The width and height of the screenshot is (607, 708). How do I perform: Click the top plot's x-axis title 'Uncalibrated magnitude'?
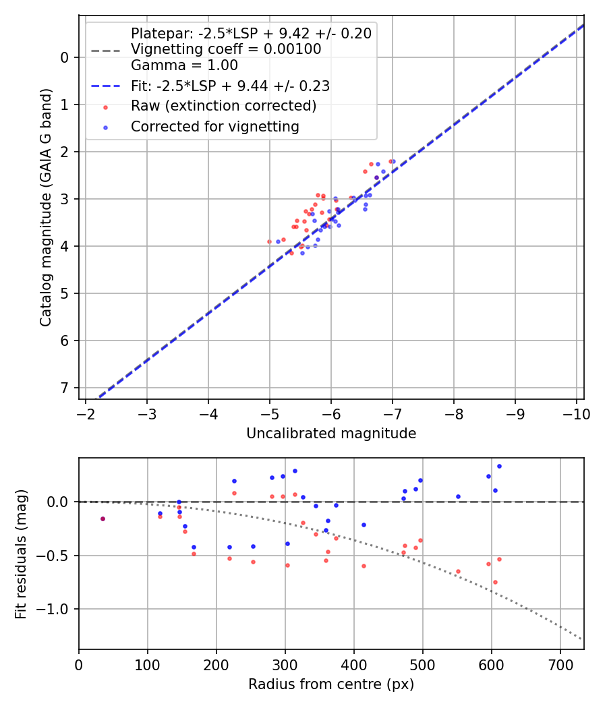coord(331,434)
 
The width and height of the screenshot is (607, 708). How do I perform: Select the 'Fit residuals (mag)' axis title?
coord(21,553)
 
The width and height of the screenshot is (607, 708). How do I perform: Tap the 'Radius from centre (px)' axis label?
coord(331,684)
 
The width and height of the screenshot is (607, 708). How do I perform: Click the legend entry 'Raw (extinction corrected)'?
coord(223,106)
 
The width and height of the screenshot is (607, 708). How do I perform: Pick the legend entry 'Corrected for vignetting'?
coord(215,126)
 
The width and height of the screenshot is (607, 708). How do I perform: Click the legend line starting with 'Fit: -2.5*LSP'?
coord(230,86)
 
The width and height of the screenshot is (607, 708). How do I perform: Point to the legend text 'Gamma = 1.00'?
coord(184,65)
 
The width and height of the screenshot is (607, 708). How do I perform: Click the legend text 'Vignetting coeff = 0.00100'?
coord(226,49)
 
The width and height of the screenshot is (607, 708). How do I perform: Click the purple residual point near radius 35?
coord(103,519)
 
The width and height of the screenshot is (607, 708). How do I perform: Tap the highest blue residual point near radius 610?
coord(499,466)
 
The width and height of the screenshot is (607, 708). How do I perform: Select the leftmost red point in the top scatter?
coord(269,241)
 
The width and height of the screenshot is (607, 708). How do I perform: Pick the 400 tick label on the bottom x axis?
coord(353,665)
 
